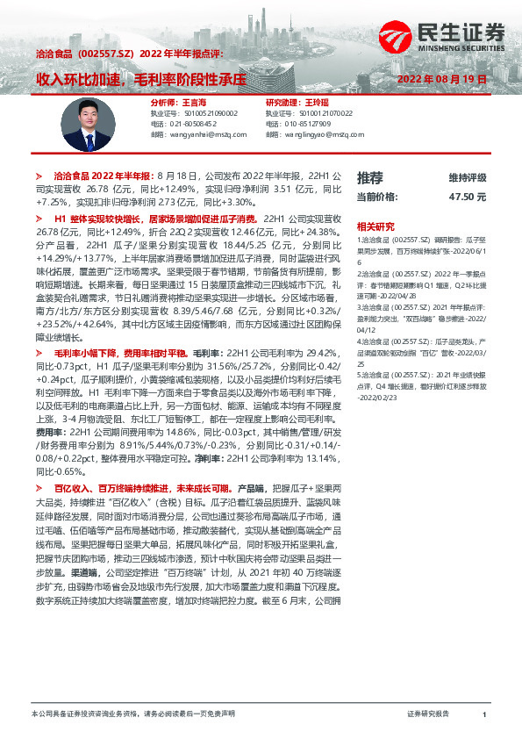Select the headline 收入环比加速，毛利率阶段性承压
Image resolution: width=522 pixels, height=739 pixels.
[x=140, y=78]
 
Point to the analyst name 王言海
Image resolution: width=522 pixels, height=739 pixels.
[x=195, y=103]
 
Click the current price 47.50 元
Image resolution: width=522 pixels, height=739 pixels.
[x=467, y=197]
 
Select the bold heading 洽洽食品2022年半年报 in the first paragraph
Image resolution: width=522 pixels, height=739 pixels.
[x=103, y=177]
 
